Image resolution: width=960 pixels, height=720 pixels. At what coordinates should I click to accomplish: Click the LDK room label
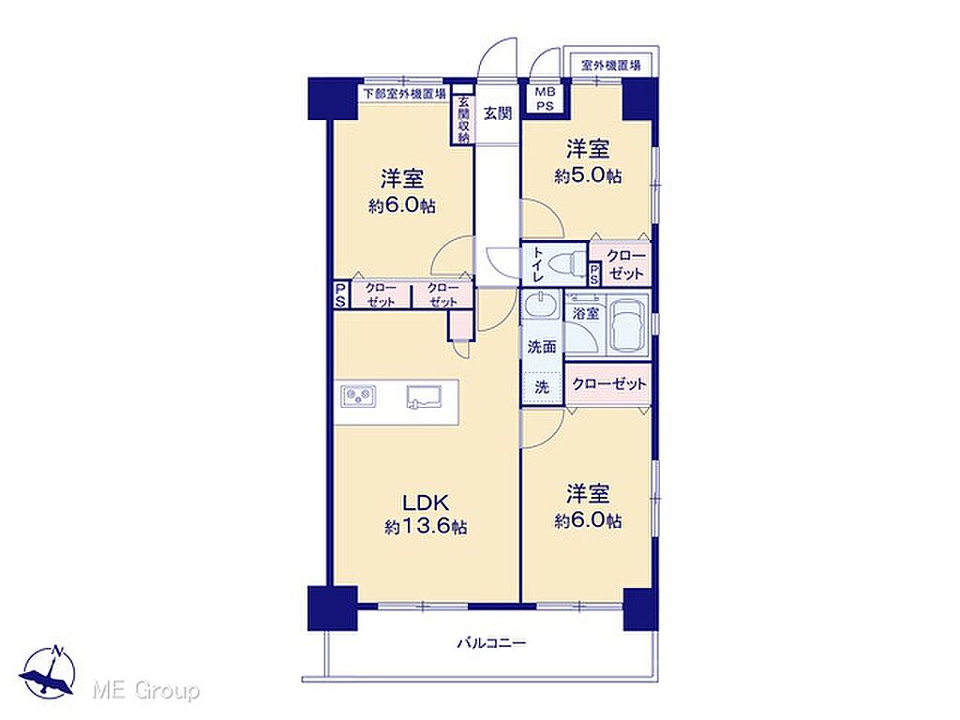pos(427,502)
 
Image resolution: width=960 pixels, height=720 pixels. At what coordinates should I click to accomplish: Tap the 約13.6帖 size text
pos(427,527)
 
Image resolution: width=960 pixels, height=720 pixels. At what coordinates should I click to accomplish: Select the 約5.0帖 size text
pos(588,176)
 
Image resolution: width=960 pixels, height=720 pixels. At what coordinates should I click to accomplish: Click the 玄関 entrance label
pos(498,113)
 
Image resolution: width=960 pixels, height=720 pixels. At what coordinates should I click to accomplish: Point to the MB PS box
pos(545,99)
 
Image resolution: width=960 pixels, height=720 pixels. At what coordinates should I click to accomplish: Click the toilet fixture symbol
pos(563,265)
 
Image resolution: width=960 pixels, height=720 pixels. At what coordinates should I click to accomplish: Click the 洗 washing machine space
pos(542,387)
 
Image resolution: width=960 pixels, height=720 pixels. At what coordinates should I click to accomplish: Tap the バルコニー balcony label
pos(491,643)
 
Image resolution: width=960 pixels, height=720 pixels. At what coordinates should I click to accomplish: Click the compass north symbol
pos(49,671)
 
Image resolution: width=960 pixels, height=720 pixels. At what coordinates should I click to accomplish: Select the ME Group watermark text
pos(145,691)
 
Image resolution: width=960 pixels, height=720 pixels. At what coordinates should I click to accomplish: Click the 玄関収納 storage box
pos(463,120)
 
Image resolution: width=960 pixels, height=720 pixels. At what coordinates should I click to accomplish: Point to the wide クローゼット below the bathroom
pos(608,384)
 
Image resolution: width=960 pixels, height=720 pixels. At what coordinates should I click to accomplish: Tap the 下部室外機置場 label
pos(404,94)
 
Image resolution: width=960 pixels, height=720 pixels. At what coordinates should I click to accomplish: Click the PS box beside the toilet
pos(594,274)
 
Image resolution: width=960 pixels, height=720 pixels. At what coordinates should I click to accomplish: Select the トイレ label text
pos(537,264)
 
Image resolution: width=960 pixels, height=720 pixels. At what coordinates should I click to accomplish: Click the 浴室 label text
pos(585,313)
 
